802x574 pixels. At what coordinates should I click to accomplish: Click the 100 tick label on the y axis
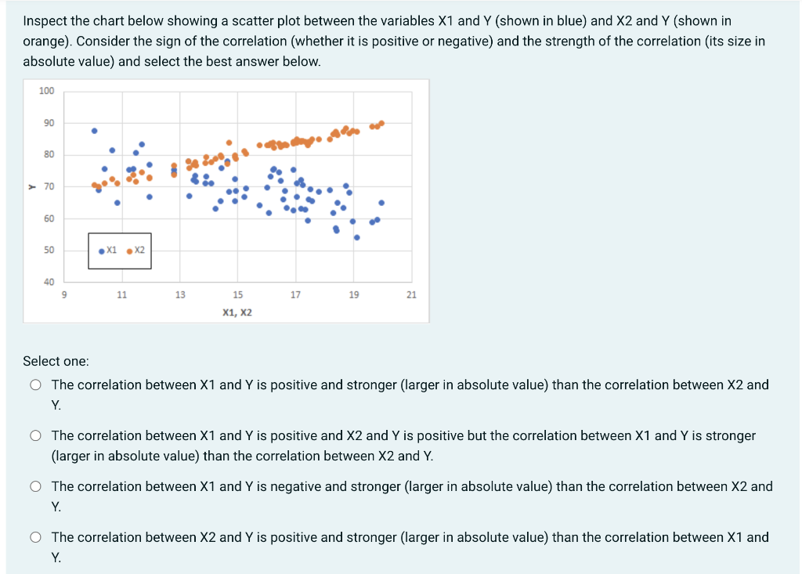[47, 91]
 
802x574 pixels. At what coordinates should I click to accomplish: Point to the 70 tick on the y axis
[48, 186]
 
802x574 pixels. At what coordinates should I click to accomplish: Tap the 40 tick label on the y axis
[48, 282]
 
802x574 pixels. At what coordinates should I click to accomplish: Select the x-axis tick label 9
[64, 295]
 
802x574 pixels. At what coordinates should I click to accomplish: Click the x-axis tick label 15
[238, 295]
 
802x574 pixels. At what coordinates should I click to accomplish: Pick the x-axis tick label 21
[412, 295]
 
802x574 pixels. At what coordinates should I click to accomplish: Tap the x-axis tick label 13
[180, 295]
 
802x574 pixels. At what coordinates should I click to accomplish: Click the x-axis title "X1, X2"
[237, 312]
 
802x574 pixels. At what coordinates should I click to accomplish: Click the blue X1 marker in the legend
[103, 251]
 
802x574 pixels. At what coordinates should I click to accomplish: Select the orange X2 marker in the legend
[129, 251]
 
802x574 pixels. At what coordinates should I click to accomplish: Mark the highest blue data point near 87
[95, 131]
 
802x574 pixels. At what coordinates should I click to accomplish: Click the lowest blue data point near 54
[357, 237]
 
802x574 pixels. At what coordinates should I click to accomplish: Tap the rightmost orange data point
[381, 123]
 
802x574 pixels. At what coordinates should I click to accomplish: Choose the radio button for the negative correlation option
[36, 487]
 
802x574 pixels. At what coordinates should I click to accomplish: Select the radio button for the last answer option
[36, 538]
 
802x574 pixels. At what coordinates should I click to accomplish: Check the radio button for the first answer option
[36, 385]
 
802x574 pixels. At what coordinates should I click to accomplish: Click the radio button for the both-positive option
[36, 435]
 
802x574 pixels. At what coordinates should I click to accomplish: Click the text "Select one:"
[56, 361]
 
